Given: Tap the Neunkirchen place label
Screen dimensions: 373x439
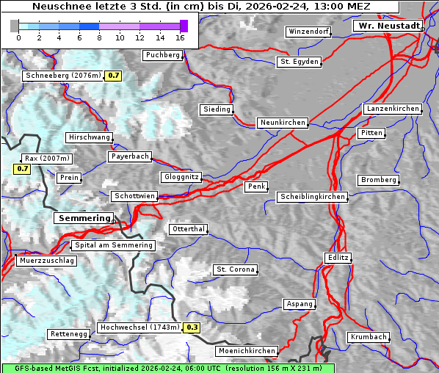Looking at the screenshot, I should coord(282,123).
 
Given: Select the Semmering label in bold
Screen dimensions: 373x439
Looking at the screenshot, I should coord(84,218).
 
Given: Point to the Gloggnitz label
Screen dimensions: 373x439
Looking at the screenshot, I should coord(180,177).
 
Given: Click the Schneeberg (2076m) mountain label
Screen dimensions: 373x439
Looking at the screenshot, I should coord(62,76).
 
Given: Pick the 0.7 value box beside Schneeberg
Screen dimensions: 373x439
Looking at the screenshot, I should coord(114,76).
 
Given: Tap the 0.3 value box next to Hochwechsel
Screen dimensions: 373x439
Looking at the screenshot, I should coord(192,327).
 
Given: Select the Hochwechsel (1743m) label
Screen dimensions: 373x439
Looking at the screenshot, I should coord(139,327).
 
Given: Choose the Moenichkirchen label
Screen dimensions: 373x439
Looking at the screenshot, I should coord(247,352).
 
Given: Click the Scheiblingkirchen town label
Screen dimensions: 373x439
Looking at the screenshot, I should coord(312,197).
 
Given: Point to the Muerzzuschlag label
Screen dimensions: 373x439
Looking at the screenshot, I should coord(46,261).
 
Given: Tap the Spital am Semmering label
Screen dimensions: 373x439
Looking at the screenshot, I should coord(113,245).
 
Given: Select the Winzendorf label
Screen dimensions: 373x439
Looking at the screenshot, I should coord(308,32).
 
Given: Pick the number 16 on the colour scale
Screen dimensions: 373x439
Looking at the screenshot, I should coord(181,37).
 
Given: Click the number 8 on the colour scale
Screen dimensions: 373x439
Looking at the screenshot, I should coord(99,37).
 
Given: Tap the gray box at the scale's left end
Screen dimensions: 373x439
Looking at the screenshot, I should coord(15,26).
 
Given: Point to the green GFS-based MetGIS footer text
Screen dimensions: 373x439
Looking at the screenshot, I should coord(167,368).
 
